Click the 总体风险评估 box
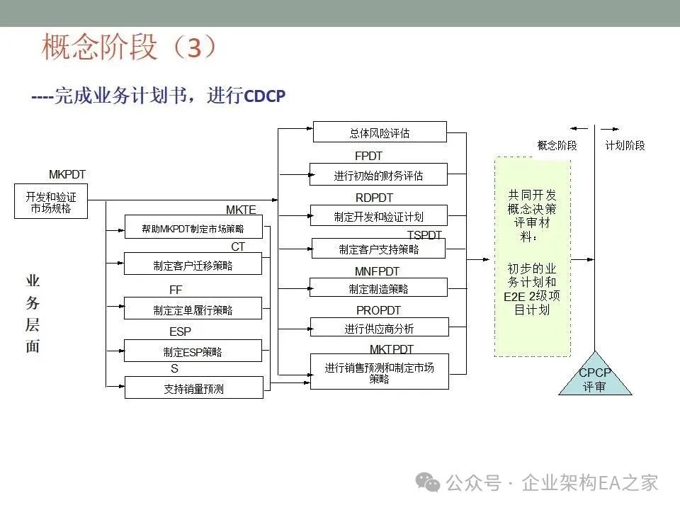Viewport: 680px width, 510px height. click(x=380, y=132)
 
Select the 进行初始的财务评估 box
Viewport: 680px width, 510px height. click(x=379, y=175)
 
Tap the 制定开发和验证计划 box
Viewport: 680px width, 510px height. click(x=379, y=216)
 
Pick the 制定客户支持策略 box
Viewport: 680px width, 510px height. click(x=378, y=249)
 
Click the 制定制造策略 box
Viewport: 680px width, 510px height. click(x=378, y=288)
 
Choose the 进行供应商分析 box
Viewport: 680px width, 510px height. click(x=379, y=327)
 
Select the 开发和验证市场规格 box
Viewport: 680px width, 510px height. click(x=51, y=202)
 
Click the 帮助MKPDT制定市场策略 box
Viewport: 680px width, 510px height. click(x=193, y=227)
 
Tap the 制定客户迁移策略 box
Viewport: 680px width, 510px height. click(x=193, y=265)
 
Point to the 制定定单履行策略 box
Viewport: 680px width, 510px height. click(x=193, y=309)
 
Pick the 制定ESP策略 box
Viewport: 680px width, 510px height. click(x=193, y=351)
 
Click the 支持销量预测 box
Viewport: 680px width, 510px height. click(x=193, y=387)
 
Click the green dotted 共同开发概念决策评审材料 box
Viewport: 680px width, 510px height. click(x=532, y=257)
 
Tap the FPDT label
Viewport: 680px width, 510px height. click(x=368, y=156)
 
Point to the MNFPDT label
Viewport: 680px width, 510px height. click(x=377, y=271)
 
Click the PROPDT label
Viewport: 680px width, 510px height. click(x=378, y=310)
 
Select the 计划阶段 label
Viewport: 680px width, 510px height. click(x=625, y=145)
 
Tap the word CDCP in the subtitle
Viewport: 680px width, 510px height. click(x=264, y=96)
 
